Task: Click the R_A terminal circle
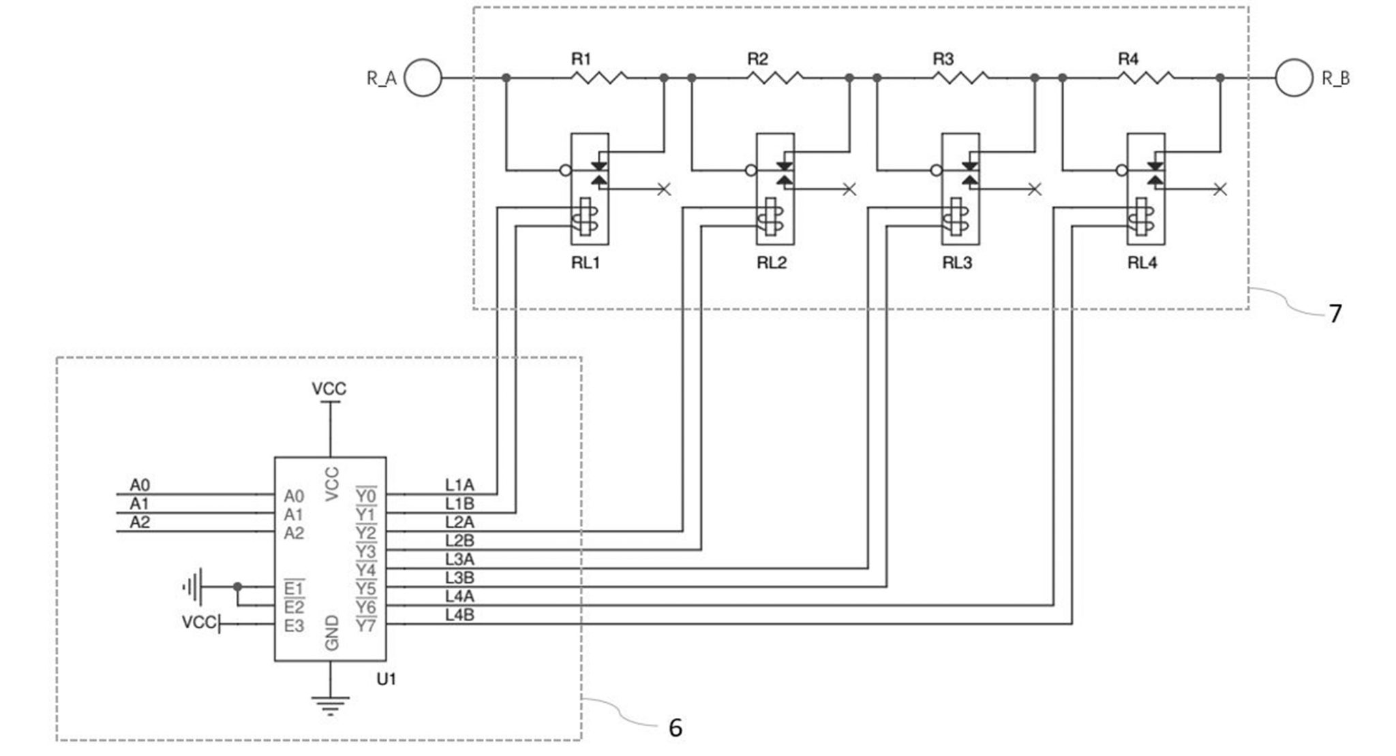click(423, 78)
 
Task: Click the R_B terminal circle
click(1294, 78)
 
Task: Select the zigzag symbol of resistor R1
click(598, 78)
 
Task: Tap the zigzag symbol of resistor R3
click(960, 78)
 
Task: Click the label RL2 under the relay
click(772, 263)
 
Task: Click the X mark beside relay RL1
click(664, 189)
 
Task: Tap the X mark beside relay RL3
click(1035, 189)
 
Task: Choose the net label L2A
click(459, 522)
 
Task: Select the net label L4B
click(459, 615)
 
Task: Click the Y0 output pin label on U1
click(366, 495)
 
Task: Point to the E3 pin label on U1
click(294, 625)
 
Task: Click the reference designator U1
click(386, 679)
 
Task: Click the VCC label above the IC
click(329, 389)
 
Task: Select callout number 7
click(1335, 313)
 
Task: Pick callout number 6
click(675, 728)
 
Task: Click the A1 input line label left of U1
click(140, 504)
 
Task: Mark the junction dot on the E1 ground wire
click(237, 586)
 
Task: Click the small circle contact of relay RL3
click(936, 170)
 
